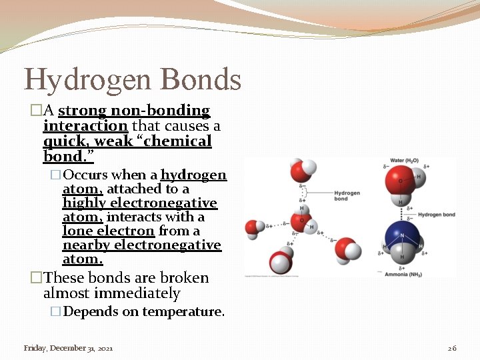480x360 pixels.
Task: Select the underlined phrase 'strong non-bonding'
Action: [x=134, y=111]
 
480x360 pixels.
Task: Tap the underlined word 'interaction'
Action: [x=85, y=126]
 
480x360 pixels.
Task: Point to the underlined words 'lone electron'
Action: [x=109, y=231]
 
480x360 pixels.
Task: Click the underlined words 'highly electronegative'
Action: [x=140, y=203]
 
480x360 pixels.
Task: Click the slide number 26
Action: [x=451, y=348]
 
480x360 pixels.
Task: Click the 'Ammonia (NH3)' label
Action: [x=402, y=273]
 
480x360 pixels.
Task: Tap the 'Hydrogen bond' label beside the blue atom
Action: [x=436, y=215]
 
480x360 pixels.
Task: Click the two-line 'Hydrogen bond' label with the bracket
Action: [x=347, y=195]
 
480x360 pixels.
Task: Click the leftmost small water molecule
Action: [x=254, y=228]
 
